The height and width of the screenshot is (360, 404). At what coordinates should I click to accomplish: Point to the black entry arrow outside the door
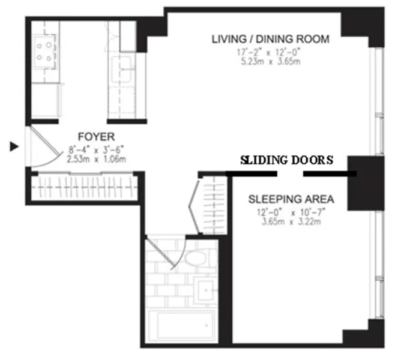pyautogui.click(x=13, y=146)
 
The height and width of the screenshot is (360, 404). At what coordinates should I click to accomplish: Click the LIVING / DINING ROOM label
pyautogui.click(x=270, y=40)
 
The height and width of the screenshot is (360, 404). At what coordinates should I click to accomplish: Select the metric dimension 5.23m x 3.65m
pyautogui.click(x=270, y=61)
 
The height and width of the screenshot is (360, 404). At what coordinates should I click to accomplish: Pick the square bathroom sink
pyautogui.click(x=207, y=292)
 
